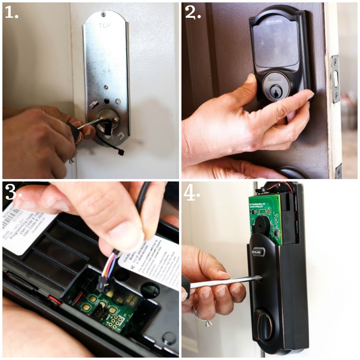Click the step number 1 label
pyautogui.click(x=11, y=12)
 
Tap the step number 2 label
pyautogui.click(x=192, y=12)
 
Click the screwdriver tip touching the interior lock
pyautogui.click(x=257, y=278)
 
